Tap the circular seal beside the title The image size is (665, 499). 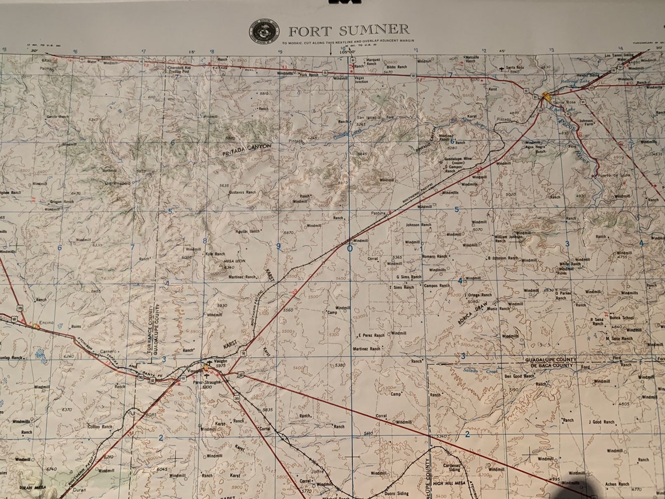[264, 32]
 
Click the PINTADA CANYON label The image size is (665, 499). [247, 149]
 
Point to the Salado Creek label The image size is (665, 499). [479, 370]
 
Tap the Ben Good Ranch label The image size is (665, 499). [519, 376]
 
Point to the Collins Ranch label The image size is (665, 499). [100, 427]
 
